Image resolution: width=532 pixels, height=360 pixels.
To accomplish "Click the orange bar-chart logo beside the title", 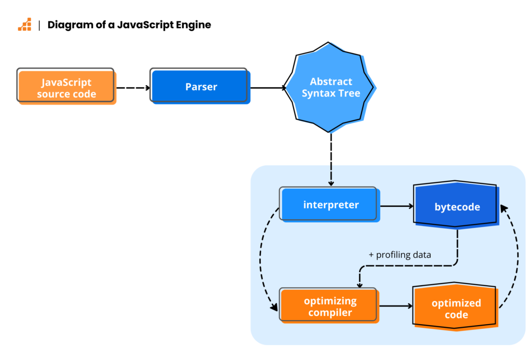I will click(24, 24).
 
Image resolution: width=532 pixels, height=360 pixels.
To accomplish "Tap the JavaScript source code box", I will click(66, 88).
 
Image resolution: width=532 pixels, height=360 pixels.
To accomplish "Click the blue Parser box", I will click(201, 87).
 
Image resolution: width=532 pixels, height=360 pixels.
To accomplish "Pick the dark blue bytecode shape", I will click(457, 207).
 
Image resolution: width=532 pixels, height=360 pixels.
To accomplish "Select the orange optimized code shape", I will click(456, 309).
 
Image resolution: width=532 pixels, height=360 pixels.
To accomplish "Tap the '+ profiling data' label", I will click(400, 255).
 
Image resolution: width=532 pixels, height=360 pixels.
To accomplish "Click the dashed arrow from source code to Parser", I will click(133, 88).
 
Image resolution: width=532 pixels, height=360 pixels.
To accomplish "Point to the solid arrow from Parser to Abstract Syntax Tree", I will click(268, 88).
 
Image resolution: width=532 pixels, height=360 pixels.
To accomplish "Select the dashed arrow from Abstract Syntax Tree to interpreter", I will click(331, 158).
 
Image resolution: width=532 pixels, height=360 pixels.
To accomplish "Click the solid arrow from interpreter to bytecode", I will click(396, 206).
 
